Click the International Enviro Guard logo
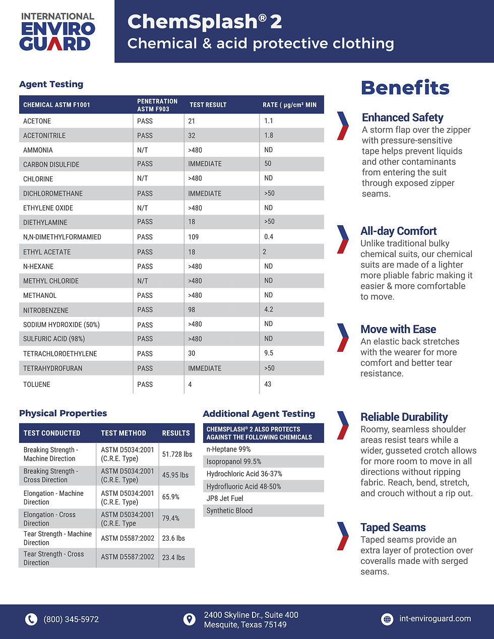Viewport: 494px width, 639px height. point(57,32)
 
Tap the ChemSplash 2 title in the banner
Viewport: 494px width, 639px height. point(205,22)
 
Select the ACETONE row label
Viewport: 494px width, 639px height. point(37,121)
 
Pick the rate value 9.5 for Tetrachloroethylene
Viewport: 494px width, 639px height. point(269,353)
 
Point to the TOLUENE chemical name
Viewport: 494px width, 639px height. point(37,385)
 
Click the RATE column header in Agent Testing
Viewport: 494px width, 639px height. point(290,105)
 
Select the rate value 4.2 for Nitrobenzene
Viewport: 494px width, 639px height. point(269,309)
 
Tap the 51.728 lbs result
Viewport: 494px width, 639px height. point(177,454)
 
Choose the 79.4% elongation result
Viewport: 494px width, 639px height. point(170,518)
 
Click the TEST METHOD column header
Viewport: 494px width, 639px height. point(124,433)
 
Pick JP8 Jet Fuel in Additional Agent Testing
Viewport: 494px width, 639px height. point(225,498)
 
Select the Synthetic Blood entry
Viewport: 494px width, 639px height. point(229,510)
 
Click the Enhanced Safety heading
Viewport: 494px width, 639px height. point(403,117)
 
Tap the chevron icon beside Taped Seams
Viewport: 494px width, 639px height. point(343,536)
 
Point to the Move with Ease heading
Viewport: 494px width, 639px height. point(398,329)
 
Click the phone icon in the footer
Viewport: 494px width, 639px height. point(31,619)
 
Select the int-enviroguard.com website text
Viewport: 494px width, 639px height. point(435,618)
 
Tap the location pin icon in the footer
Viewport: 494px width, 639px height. point(190,619)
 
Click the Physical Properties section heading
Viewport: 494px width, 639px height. point(63,413)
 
